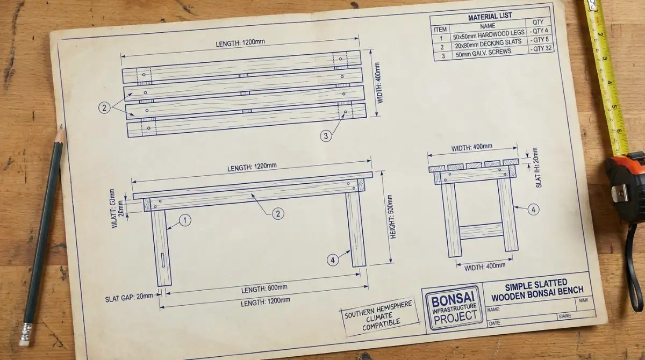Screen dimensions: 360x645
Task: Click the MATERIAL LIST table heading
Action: click(x=490, y=17)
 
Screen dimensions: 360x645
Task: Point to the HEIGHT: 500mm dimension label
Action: click(x=393, y=217)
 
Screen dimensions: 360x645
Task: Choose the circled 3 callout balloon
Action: click(x=326, y=136)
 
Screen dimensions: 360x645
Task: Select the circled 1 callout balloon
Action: click(x=185, y=220)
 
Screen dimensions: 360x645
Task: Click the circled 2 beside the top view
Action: click(x=104, y=107)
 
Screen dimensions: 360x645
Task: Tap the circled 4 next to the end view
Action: click(x=533, y=210)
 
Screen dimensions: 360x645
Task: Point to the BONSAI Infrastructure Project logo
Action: click(x=454, y=308)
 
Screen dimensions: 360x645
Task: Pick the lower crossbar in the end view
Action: click(x=481, y=231)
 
